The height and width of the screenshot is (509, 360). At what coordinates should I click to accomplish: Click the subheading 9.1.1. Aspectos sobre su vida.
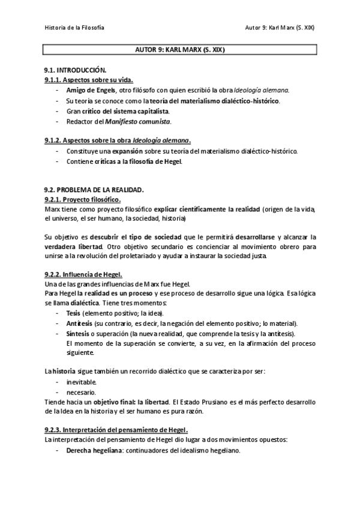(89, 80)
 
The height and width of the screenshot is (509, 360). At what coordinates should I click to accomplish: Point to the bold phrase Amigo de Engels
(91, 90)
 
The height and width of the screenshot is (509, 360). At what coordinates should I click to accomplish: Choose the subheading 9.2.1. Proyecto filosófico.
(83, 199)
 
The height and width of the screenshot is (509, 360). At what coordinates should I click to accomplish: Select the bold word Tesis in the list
(73, 313)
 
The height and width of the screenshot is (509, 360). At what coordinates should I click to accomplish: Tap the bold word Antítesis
(78, 323)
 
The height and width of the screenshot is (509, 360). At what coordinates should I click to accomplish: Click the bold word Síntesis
(77, 333)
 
